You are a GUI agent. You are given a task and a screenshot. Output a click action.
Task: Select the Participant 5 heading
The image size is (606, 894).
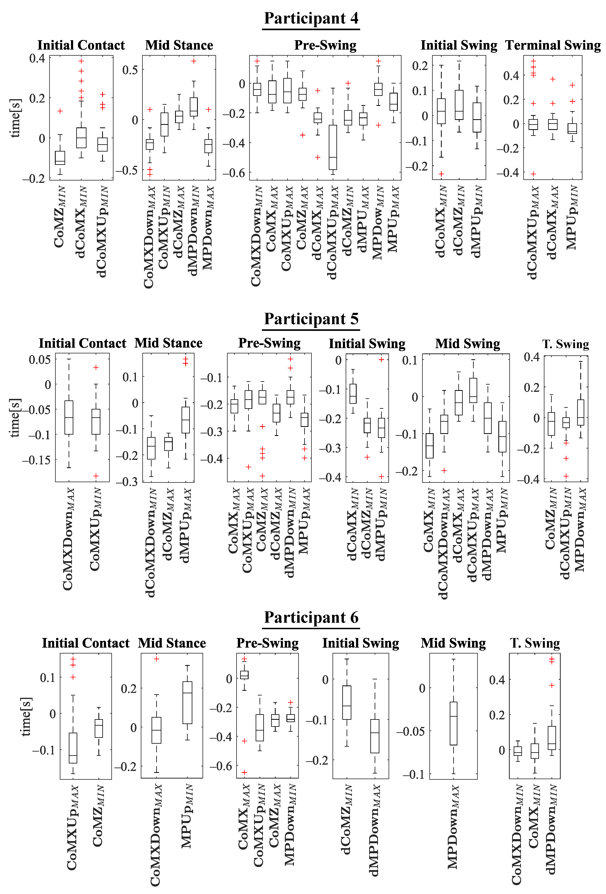pos(311,319)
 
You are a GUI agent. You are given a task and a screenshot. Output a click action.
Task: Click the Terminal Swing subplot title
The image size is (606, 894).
pos(553,45)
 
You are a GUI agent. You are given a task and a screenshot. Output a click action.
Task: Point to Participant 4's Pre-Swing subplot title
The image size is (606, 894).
pos(325,45)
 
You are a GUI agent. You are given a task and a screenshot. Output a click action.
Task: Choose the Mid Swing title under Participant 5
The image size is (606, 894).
pos(467,344)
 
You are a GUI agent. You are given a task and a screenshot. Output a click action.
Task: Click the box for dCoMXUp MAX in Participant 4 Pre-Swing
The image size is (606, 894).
pos(333,147)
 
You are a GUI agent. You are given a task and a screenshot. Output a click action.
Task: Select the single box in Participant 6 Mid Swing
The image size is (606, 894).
pos(454,723)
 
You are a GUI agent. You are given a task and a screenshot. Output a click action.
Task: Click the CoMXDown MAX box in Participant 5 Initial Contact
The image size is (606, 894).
pos(69,417)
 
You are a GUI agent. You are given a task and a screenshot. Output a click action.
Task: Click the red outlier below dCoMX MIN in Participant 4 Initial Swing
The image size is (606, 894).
pos(441,174)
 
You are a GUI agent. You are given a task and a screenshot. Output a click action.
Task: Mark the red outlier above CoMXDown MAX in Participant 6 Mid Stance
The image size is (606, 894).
pos(157,659)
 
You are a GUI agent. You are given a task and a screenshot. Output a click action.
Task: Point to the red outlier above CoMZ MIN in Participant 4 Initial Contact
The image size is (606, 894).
pos(60,111)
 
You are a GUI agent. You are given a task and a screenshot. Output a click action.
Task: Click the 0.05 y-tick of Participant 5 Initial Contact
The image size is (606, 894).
pos(40,360)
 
